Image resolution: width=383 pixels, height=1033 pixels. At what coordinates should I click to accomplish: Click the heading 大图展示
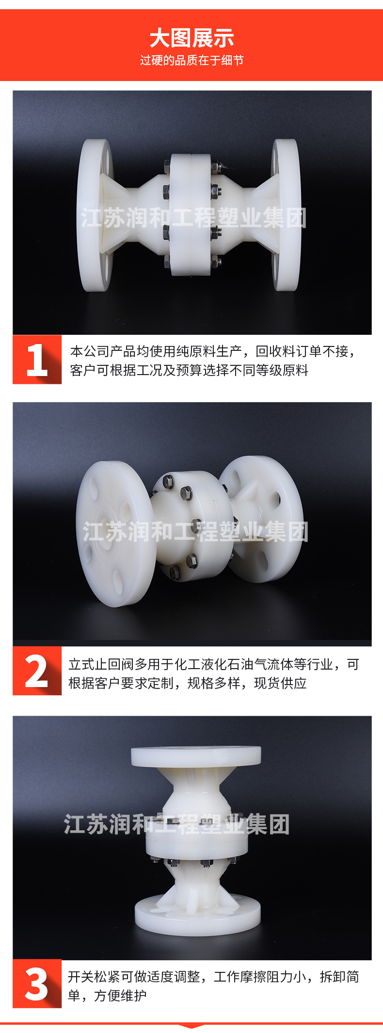tap(191, 38)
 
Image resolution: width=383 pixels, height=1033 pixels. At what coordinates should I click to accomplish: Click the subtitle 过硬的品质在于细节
tap(191, 60)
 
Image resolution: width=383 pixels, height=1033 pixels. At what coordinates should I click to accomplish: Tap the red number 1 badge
tap(37, 360)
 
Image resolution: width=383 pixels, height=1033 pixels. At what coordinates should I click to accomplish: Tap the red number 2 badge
tap(37, 671)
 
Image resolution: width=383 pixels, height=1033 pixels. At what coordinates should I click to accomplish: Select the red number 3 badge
tap(37, 983)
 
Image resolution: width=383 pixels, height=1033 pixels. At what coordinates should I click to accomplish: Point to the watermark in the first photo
tap(193, 218)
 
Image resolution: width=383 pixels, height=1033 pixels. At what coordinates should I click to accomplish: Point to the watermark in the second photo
tap(195, 532)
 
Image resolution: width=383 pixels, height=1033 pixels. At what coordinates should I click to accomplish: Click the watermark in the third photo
tap(177, 824)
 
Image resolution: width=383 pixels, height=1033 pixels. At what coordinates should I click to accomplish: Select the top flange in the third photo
tap(196, 756)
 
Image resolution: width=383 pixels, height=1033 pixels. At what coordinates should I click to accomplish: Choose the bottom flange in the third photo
tap(197, 913)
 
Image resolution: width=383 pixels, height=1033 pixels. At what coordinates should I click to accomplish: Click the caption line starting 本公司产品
tap(213, 351)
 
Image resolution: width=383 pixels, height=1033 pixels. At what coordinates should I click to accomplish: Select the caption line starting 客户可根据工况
tap(189, 370)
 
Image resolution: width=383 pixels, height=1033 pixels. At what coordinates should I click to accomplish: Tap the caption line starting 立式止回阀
tap(214, 664)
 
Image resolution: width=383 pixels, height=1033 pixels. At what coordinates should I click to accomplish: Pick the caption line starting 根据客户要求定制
tap(188, 683)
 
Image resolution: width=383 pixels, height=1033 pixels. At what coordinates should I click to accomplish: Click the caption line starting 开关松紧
tap(213, 976)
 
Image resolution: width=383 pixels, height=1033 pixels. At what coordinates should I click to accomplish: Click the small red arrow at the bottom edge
tap(191, 1025)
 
